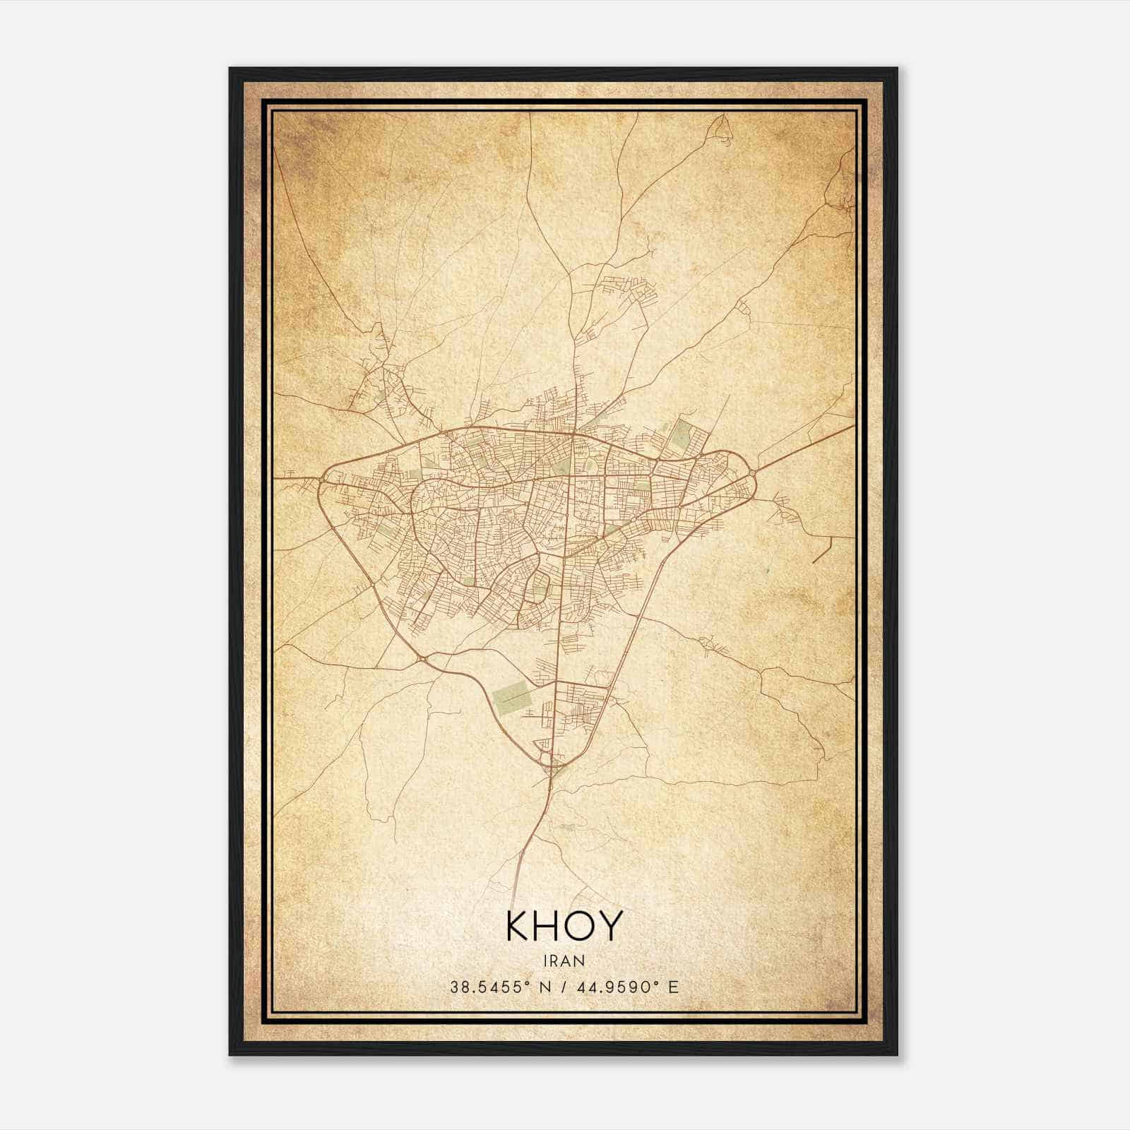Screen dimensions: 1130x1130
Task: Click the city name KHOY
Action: [x=564, y=926]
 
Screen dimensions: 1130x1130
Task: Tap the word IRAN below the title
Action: [x=564, y=961]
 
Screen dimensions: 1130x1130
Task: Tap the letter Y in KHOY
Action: [x=612, y=926]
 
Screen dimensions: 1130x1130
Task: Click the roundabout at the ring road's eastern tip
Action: [x=753, y=472]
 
